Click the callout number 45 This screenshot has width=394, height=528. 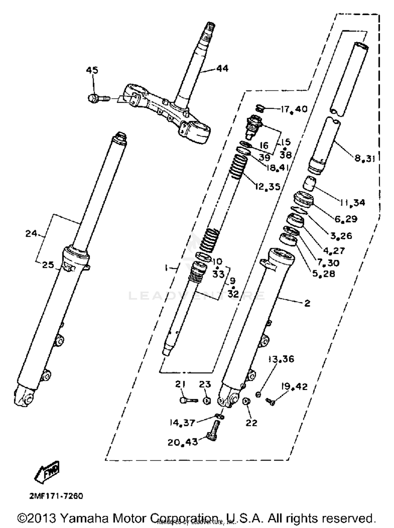(x=92, y=70)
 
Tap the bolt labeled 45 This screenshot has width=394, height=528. (x=98, y=98)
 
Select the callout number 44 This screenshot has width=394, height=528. (x=222, y=69)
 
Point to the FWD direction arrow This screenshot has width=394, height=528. (x=48, y=475)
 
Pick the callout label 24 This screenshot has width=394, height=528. (x=31, y=233)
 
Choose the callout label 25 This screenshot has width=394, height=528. (x=48, y=265)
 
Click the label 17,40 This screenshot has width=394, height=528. (x=294, y=109)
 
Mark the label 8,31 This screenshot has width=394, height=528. (x=365, y=158)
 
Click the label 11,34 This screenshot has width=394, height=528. (x=352, y=203)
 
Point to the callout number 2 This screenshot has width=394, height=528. (x=307, y=303)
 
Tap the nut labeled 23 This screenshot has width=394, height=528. (x=207, y=401)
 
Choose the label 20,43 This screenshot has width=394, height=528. (x=183, y=442)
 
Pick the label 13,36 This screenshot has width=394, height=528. (x=281, y=359)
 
